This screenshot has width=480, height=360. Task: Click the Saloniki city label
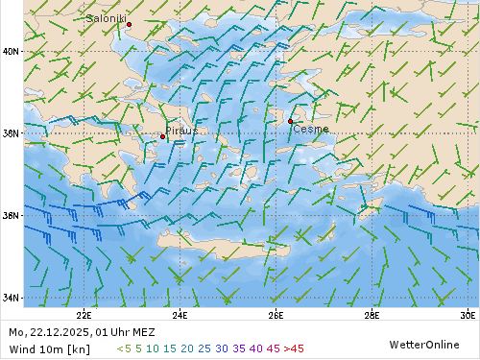click(106, 18)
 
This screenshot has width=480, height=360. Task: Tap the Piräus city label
click(181, 130)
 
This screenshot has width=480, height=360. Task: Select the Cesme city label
click(311, 129)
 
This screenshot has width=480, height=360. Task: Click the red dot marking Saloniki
click(129, 24)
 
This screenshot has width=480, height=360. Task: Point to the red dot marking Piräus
click(162, 136)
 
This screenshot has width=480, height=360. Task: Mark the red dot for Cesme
click(290, 121)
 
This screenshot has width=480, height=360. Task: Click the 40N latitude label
click(12, 52)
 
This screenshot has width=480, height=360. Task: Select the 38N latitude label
click(12, 133)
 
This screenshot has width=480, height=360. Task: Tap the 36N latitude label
click(12, 215)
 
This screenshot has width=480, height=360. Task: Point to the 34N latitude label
click(12, 298)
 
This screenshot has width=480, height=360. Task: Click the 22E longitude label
click(84, 314)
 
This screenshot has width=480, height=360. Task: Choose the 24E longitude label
click(180, 314)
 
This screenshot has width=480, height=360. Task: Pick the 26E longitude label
click(276, 314)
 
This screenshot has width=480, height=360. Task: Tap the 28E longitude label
click(372, 314)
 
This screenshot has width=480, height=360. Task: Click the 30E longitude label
click(468, 314)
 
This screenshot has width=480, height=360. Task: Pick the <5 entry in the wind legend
click(124, 348)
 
